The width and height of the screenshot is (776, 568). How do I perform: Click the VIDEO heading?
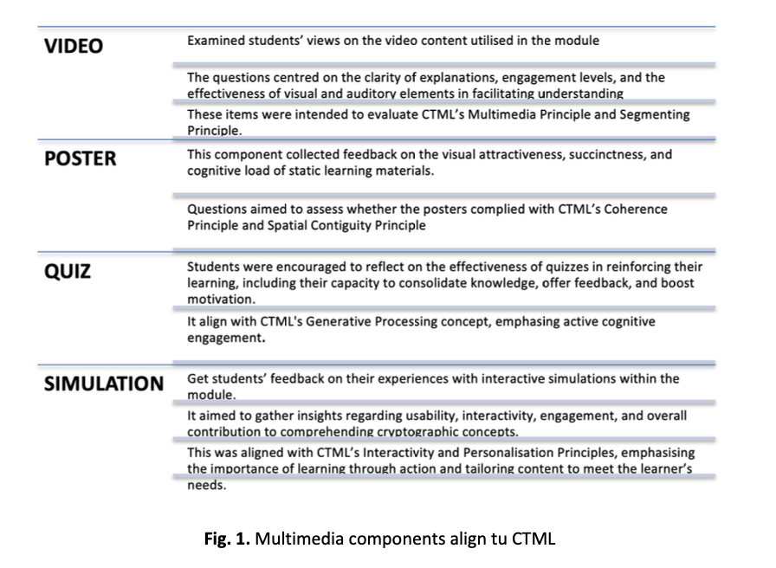[73, 46]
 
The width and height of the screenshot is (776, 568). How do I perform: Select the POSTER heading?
[80, 159]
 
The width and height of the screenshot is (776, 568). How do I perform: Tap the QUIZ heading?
[68, 272]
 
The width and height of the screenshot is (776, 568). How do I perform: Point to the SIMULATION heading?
[104, 384]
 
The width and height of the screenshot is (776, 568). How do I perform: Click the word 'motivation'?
[221, 299]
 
